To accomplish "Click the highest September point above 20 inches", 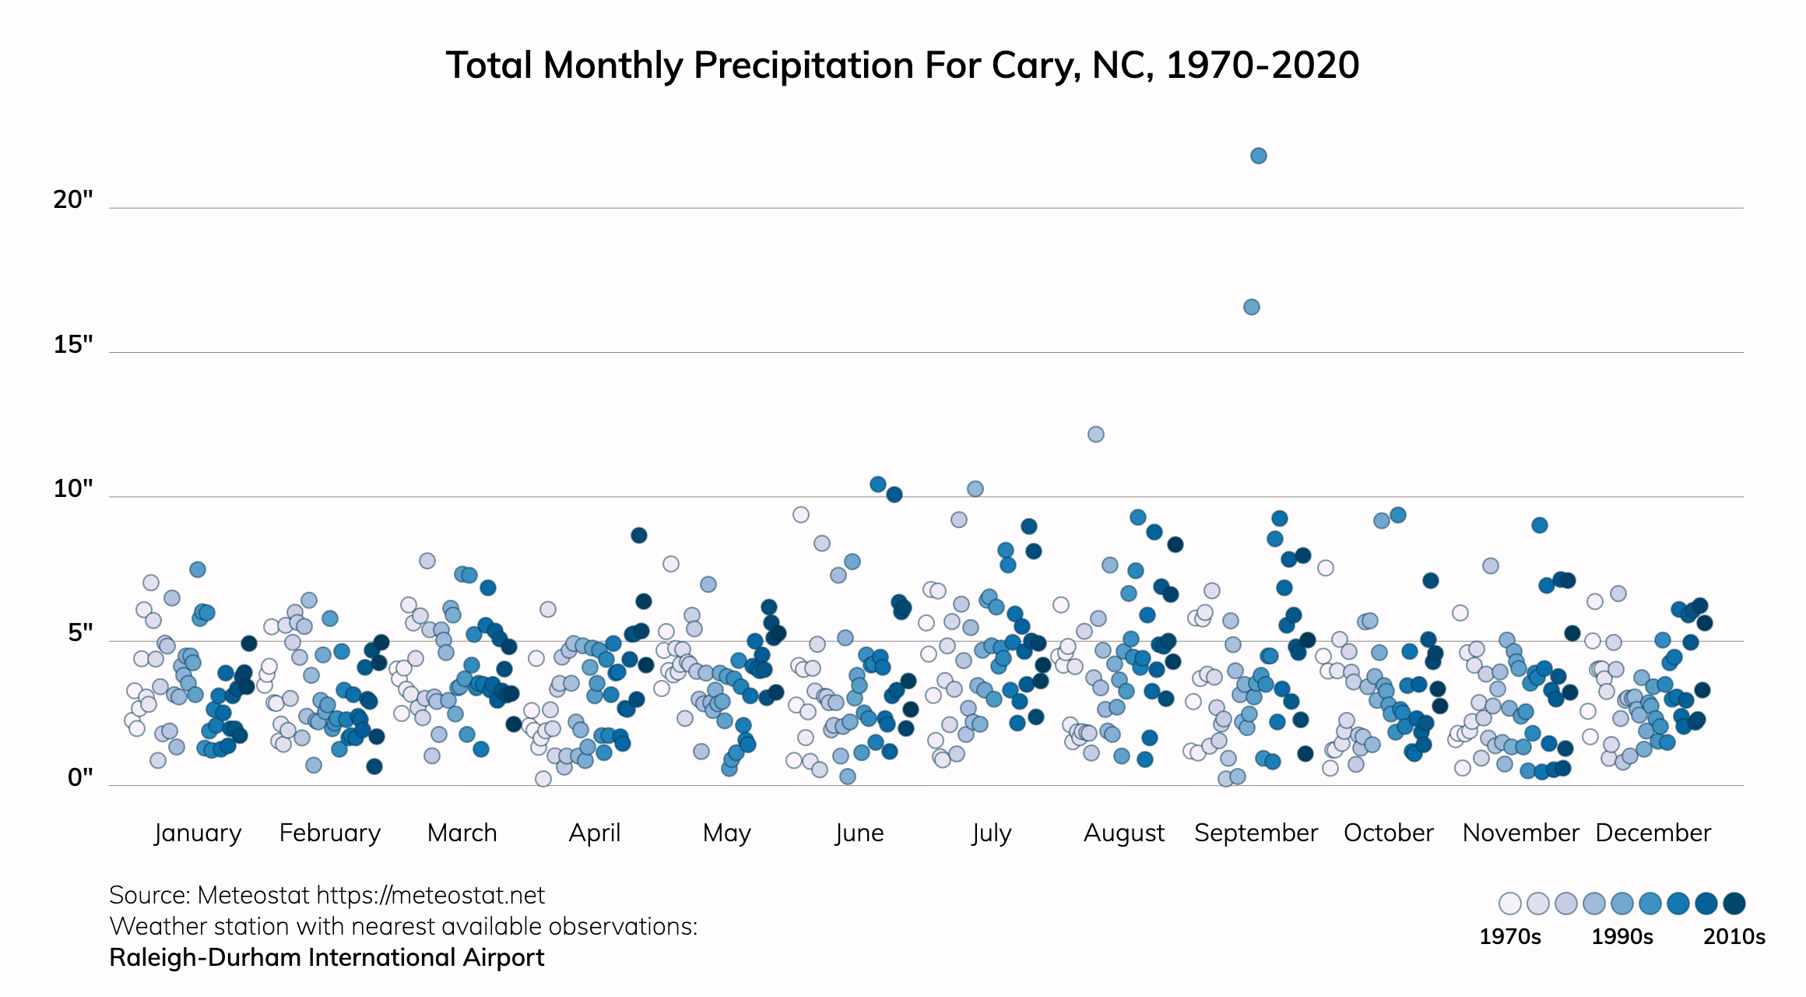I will (x=1258, y=156).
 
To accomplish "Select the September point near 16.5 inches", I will (x=1251, y=307).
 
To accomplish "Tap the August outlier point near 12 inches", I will (x=1095, y=434).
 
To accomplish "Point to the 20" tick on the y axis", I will (x=73, y=200).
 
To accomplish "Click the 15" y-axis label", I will (x=73, y=344).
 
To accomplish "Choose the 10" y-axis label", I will (x=73, y=489).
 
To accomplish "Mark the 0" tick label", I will (x=80, y=777).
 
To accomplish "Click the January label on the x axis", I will (x=198, y=833).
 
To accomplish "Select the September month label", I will (x=1256, y=833).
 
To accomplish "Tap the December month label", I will (x=1653, y=833).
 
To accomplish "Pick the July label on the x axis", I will (x=991, y=833).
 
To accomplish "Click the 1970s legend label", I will (x=1509, y=936).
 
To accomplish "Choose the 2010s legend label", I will (x=1734, y=936).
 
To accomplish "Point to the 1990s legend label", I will (x=1622, y=936).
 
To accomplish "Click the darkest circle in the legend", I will (x=1734, y=904).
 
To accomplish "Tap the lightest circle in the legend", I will (x=1509, y=904).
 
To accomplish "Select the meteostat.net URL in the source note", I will (x=430, y=895).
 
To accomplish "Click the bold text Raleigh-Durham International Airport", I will (x=326, y=957).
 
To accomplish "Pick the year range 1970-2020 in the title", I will (x=1263, y=65).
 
